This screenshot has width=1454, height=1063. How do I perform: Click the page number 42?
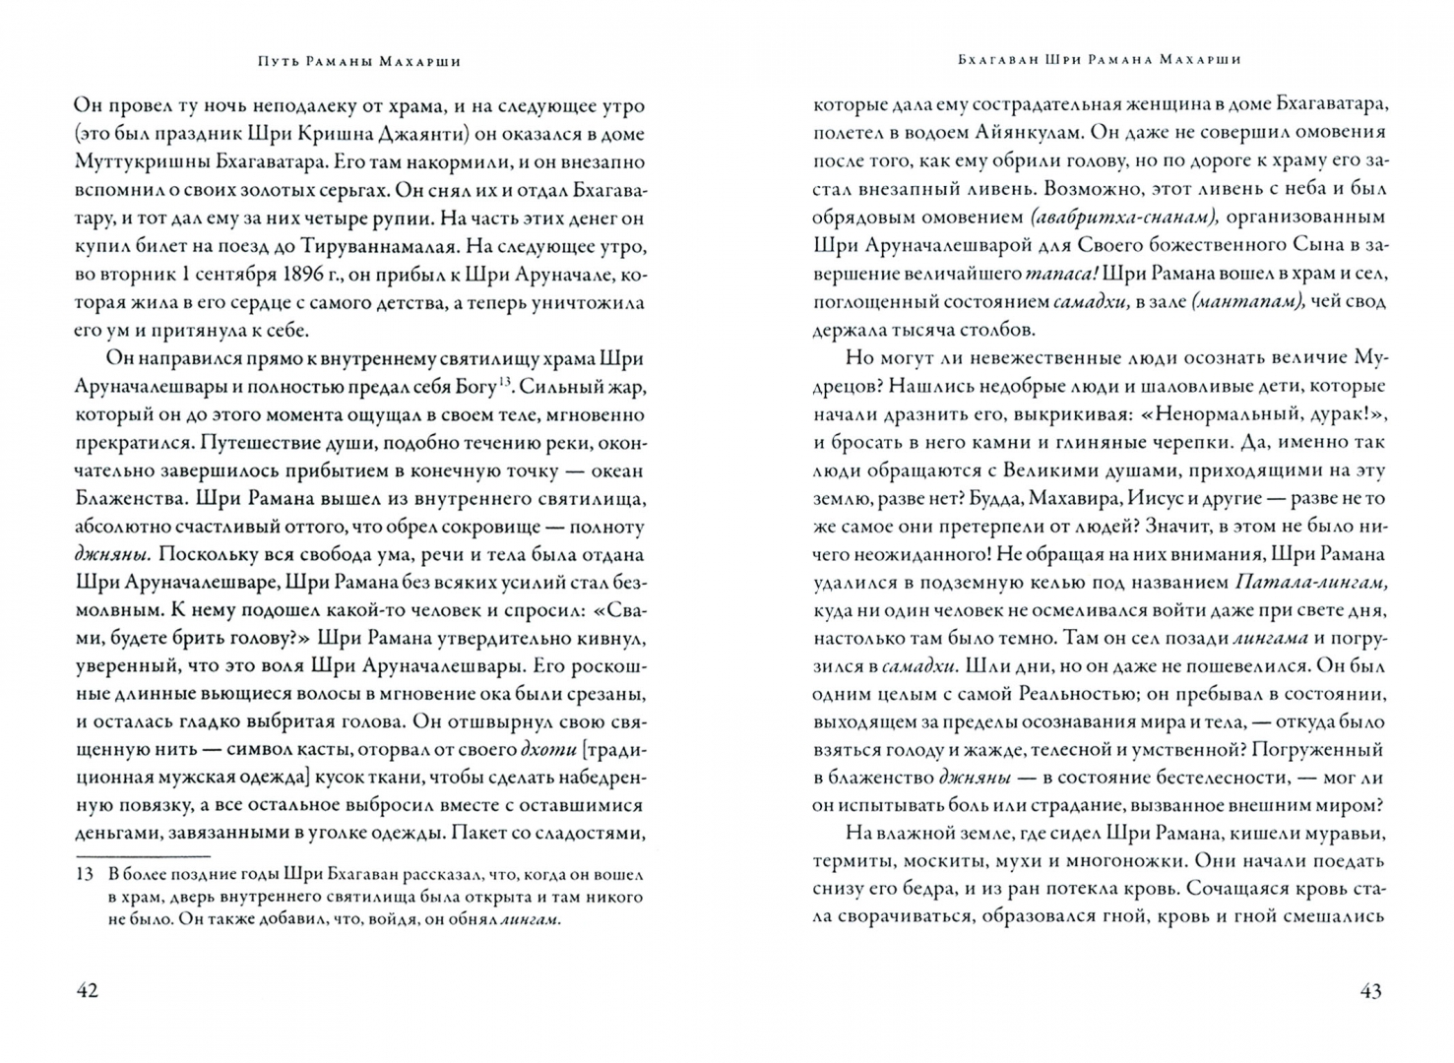88,990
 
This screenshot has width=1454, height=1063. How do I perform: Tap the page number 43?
1370,990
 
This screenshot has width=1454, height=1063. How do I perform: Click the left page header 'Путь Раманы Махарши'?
351,61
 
